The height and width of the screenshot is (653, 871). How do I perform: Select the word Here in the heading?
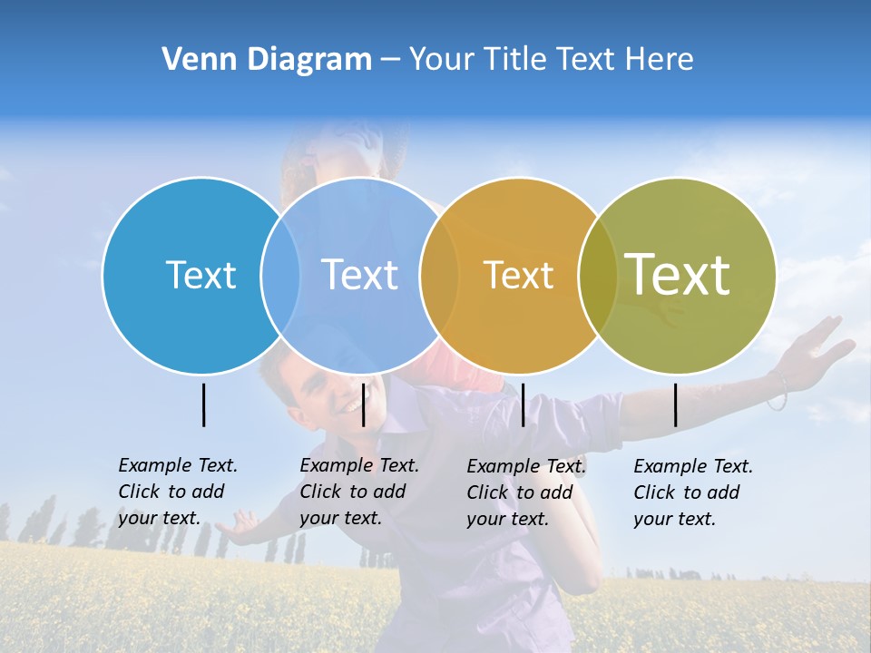tap(660, 60)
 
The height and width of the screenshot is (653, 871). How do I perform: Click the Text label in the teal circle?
tap(201, 275)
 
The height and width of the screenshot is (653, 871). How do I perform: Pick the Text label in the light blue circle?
tap(359, 275)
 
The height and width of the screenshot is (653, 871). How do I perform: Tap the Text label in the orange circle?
tap(518, 275)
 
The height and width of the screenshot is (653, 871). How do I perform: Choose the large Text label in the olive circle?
tap(677, 274)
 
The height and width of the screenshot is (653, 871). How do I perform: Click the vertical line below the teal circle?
tap(203, 404)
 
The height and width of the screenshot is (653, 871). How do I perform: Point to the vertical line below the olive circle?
tap(676, 404)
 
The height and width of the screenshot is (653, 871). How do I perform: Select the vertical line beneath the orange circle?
tap(523, 404)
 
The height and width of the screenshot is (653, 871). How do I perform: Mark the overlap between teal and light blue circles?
tap(280, 275)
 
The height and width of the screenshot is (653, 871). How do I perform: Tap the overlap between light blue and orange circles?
tap(439, 275)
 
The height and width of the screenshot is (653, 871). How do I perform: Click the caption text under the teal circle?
tap(177, 492)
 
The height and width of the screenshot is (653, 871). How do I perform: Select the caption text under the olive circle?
tap(692, 492)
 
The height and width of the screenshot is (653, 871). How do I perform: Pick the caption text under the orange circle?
tap(525, 492)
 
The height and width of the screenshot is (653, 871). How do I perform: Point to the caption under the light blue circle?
tap(358, 492)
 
